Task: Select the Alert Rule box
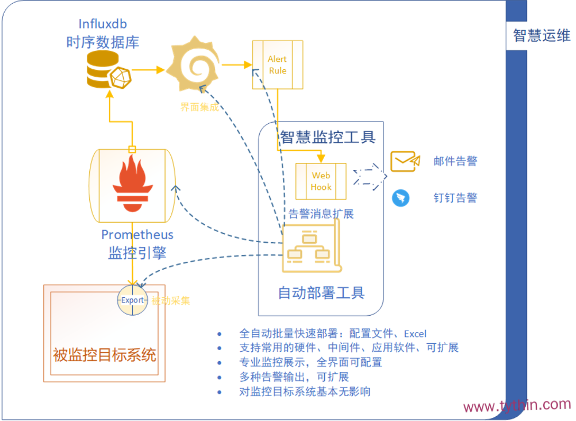[x=277, y=65]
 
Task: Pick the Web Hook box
[x=321, y=181]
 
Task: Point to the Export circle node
[x=132, y=300]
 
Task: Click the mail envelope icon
[x=405, y=161]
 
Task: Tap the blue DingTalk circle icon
[x=400, y=198]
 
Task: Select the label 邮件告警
[x=455, y=161]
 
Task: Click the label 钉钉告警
[x=455, y=198]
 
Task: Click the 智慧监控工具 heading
[x=327, y=138]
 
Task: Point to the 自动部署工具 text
[x=321, y=292]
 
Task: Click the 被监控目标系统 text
[x=104, y=354]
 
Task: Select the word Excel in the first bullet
[x=415, y=334]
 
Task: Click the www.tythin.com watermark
[x=517, y=406]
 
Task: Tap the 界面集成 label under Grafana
[x=199, y=107]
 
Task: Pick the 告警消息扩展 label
[x=321, y=214]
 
